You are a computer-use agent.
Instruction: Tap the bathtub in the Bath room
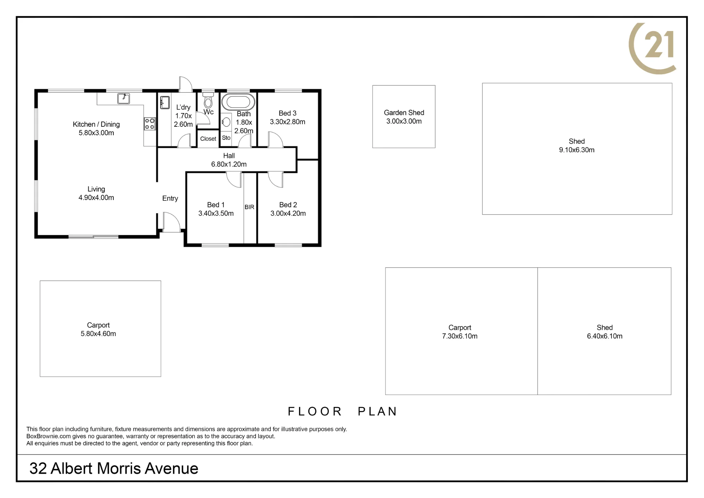tap(239, 102)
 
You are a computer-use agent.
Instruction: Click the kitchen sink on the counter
tap(124, 98)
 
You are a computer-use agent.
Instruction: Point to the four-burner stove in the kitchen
tap(150, 124)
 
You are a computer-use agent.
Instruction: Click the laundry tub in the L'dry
tap(165, 102)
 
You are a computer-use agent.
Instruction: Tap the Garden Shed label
tap(404, 113)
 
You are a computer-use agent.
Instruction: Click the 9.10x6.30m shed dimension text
tap(577, 150)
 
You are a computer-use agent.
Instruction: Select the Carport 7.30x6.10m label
tap(460, 332)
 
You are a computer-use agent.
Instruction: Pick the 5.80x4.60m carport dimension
tap(98, 334)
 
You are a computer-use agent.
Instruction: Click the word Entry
tap(170, 199)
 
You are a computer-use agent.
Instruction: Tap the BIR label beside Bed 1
tap(250, 207)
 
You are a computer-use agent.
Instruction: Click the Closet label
tap(208, 139)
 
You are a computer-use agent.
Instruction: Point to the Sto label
tap(226, 138)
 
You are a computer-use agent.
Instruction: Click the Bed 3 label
tap(288, 113)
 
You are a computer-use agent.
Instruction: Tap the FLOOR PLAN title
tap(342, 411)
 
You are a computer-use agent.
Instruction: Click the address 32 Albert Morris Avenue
tap(114, 468)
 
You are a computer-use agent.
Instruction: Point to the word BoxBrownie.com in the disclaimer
tap(49, 436)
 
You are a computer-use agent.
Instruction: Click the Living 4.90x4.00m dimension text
tap(96, 198)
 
